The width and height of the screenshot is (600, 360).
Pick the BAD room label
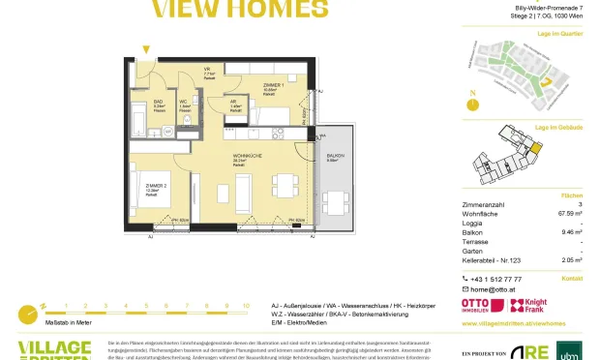coord(158,100)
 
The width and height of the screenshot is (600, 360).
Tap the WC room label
coord(184,100)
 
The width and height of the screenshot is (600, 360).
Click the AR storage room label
coord(233,103)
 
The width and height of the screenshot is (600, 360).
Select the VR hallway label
coord(207,69)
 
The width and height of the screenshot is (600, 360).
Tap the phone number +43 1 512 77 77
coord(500,278)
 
